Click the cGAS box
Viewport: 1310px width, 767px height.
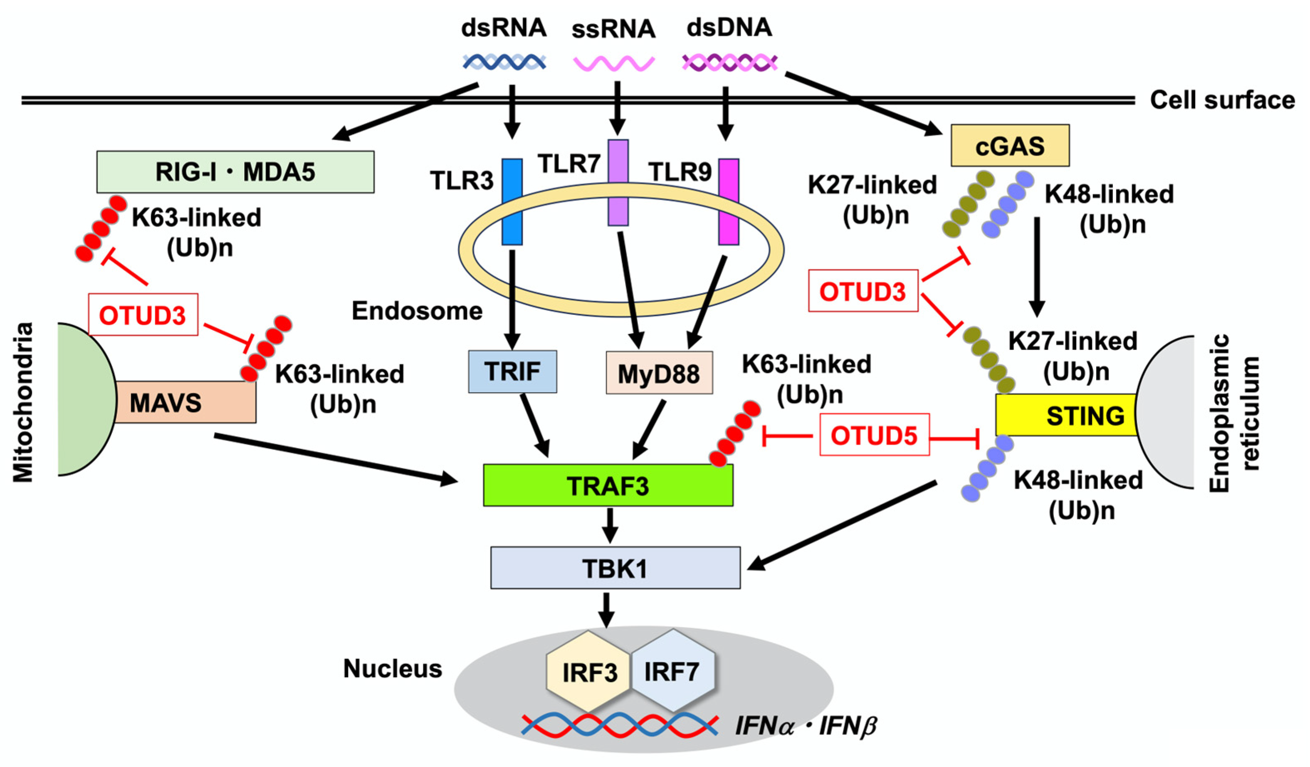(1010, 146)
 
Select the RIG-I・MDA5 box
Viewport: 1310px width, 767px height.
(235, 172)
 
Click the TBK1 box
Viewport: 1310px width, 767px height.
(615, 568)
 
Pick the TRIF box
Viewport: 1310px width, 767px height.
(512, 371)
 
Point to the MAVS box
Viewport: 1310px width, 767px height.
(185, 402)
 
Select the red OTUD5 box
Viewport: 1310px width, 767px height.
(874, 435)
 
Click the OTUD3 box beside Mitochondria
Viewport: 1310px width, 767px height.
(143, 314)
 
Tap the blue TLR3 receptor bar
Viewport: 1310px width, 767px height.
(512, 202)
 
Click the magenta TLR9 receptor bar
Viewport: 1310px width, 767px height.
(728, 202)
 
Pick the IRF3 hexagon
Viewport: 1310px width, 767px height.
(588, 672)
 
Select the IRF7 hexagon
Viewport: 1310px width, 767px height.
(672, 671)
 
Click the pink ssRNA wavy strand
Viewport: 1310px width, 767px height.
(613, 64)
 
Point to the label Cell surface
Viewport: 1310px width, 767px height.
(1222, 100)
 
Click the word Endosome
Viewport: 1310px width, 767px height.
(417, 311)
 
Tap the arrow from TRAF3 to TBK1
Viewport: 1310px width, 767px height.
(609, 525)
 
